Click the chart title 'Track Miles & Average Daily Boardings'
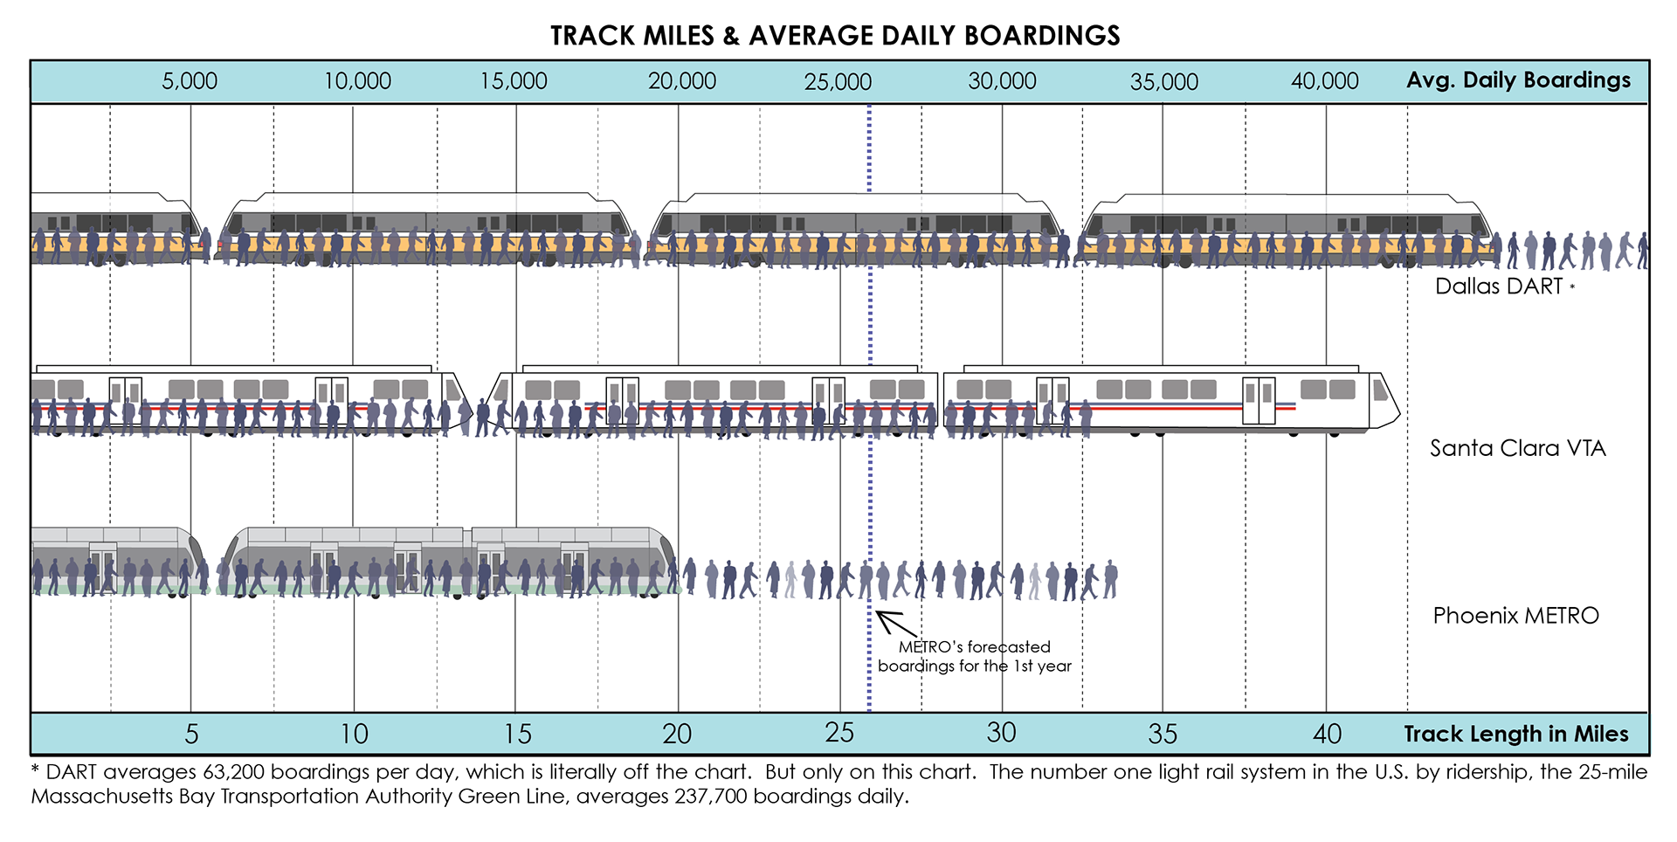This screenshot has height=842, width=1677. (x=835, y=36)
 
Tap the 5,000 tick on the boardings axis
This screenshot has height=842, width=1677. (x=190, y=81)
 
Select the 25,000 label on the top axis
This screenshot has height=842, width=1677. (x=838, y=82)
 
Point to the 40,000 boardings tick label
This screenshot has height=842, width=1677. (x=1324, y=81)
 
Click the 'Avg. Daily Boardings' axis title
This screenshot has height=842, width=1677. (x=1518, y=80)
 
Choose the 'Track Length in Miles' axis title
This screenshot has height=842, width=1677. (x=1515, y=734)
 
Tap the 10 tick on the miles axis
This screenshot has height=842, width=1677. (x=354, y=734)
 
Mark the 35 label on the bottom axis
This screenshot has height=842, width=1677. (x=1163, y=734)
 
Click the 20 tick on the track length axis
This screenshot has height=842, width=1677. (x=677, y=734)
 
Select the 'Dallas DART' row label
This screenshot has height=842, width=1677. (x=1498, y=286)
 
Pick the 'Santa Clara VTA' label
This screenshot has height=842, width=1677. (x=1517, y=448)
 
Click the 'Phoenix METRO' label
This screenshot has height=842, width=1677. (x=1515, y=616)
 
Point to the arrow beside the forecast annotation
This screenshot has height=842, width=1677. (x=895, y=623)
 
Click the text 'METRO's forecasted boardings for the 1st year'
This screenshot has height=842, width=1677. (x=974, y=656)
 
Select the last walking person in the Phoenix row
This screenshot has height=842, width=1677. (x=1110, y=579)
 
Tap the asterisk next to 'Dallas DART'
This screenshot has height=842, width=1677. (x=1572, y=286)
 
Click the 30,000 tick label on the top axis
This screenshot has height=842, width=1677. (x=1002, y=81)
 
